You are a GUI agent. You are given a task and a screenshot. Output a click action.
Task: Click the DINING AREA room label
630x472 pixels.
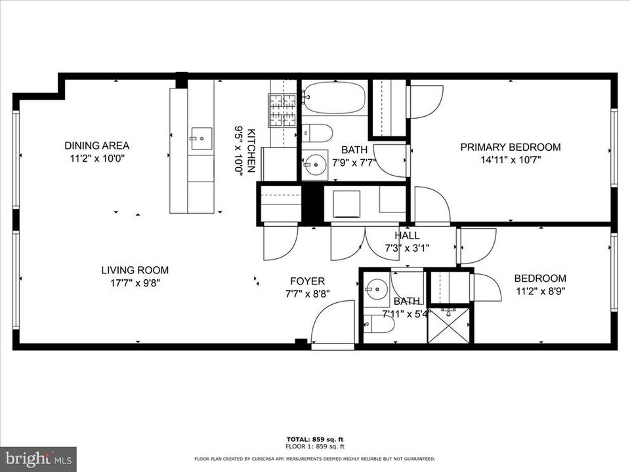pyautogui.click(x=96, y=146)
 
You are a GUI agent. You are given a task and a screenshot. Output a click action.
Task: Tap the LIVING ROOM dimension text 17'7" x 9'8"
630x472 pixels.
pyautogui.click(x=135, y=283)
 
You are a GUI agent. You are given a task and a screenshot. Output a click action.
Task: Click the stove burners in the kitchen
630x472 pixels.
pyautogui.click(x=283, y=110)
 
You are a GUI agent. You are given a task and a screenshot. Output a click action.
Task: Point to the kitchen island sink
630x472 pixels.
pyautogui.click(x=201, y=138)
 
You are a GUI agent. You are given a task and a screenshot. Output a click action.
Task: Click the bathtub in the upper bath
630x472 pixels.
pyautogui.click(x=334, y=98)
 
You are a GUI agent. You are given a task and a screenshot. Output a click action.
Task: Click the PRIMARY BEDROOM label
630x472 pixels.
pyautogui.click(x=510, y=147)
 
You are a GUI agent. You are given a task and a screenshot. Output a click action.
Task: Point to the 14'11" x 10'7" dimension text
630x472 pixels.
pyautogui.click(x=510, y=159)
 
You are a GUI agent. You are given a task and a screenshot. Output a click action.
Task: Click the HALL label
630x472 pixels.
pyautogui.click(x=407, y=235)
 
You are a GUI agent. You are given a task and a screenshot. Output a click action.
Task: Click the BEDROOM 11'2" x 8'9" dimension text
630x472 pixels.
pyautogui.click(x=539, y=290)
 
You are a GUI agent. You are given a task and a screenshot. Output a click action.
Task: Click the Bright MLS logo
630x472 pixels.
pyautogui.click(x=38, y=458)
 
